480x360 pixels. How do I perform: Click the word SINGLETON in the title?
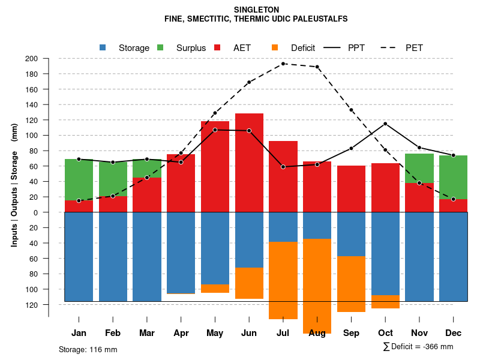coord(256,10)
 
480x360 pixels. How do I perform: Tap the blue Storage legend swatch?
coord(103,47)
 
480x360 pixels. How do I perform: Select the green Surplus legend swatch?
coord(161,47)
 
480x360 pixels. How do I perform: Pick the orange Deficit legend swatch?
coord(275,47)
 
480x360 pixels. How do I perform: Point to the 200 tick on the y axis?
coord(31,59)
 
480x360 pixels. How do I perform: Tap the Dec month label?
coord(454,333)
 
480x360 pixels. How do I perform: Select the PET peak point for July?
coord(283,64)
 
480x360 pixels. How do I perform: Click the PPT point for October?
coord(385,124)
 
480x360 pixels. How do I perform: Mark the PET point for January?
coord(79,200)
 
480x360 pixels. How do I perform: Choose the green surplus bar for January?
coord(79,180)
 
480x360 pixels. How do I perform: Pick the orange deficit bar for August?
coord(317,286)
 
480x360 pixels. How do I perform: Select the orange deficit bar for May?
coord(215,289)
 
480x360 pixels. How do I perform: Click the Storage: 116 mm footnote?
coord(88,349)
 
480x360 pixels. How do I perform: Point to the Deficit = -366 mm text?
coord(422,347)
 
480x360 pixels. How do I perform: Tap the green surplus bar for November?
coord(419,169)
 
